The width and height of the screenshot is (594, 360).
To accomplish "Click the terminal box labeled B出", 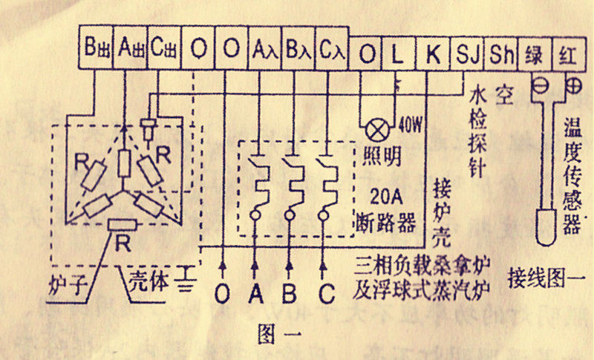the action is pos(97,50).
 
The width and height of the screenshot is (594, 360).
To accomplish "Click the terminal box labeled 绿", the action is pos(535,52).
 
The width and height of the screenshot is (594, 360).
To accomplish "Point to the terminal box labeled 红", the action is pos(569,52).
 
